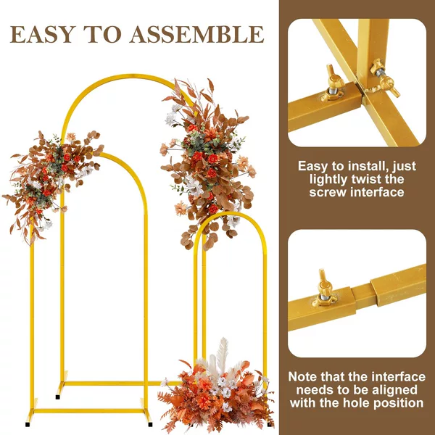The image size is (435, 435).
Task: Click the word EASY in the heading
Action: pyautogui.click(x=43, y=34)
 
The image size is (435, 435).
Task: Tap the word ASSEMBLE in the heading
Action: pyautogui.click(x=196, y=34)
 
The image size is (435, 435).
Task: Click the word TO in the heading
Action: pyautogui.click(x=103, y=34)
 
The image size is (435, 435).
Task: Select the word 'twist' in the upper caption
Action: pyautogui.click(x=366, y=179)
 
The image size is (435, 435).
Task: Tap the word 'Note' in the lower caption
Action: pyautogui.click(x=302, y=377)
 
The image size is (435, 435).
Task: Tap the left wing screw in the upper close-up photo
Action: pyautogui.click(x=333, y=83)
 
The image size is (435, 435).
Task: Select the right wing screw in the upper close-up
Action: pyautogui.click(x=385, y=78)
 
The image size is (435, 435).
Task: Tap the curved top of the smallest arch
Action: pyautogui.click(x=231, y=214)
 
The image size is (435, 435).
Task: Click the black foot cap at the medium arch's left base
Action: pyautogui.click(x=28, y=424)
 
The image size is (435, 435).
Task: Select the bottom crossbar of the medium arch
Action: pyautogui.click(x=88, y=410)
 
